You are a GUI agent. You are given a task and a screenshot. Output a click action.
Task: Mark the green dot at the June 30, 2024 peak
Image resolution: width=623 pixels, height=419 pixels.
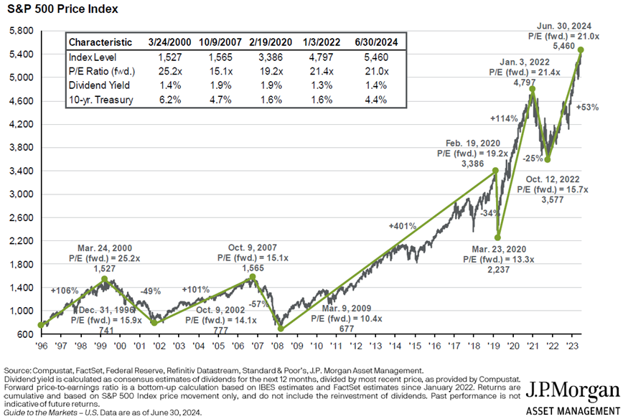pos(580,50)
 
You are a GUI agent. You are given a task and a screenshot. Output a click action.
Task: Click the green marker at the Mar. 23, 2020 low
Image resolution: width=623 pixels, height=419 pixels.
pos(497,238)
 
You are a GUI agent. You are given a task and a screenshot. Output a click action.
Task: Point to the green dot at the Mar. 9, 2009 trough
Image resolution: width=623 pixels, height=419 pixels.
pos(280,329)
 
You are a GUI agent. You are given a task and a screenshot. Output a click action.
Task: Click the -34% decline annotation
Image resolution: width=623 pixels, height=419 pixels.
pos(487,213)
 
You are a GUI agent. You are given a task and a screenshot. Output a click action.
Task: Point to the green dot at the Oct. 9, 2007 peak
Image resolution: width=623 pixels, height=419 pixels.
pos(251,277)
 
